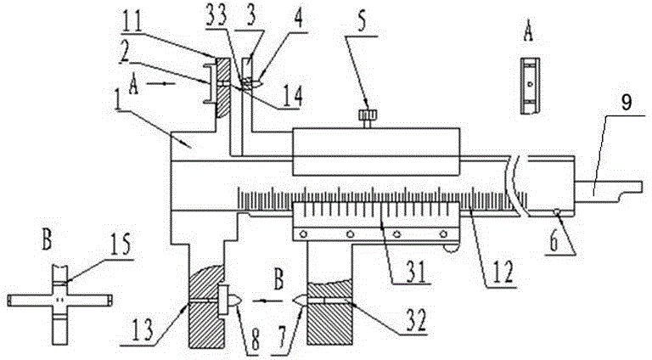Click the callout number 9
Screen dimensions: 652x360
(627, 102)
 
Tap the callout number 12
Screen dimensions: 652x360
(503, 271)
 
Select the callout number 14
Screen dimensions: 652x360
(291, 97)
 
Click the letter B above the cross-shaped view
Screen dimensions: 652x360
(47, 241)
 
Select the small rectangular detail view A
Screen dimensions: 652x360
(530, 86)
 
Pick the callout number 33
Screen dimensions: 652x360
(217, 18)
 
